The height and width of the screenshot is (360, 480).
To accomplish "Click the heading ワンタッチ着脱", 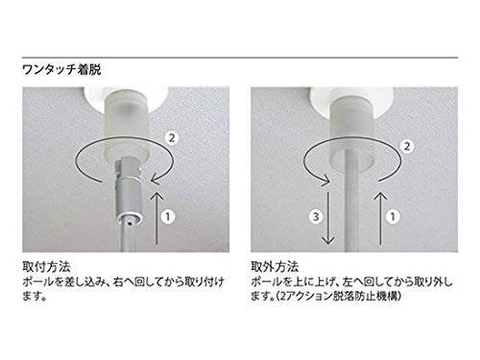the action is click(x=61, y=69).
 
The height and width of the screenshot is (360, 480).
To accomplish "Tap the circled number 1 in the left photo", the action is click(x=168, y=217).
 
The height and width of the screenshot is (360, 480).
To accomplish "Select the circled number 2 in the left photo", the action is click(x=172, y=138).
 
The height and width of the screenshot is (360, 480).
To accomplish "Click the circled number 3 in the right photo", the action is click(x=316, y=217).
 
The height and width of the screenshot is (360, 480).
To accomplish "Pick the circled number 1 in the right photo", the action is click(x=393, y=217).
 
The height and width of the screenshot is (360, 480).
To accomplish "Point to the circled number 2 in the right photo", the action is click(x=407, y=147).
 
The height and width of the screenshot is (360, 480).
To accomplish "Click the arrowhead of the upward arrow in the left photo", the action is click(x=156, y=196).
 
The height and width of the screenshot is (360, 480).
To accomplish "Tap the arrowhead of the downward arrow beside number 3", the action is click(x=328, y=240).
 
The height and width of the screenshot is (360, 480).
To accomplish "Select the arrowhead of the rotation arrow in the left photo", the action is click(x=156, y=180).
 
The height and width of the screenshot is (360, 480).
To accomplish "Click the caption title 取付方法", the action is click(x=46, y=267).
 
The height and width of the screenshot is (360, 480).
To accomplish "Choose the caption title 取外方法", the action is click(x=275, y=267).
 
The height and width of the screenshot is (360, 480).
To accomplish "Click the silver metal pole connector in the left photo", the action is click(x=128, y=191).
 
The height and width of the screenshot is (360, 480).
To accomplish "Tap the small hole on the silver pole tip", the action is click(x=129, y=223).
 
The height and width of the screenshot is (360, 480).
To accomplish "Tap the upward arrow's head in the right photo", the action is click(x=380, y=196).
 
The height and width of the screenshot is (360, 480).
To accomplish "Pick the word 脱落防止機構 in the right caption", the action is click(x=364, y=297).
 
